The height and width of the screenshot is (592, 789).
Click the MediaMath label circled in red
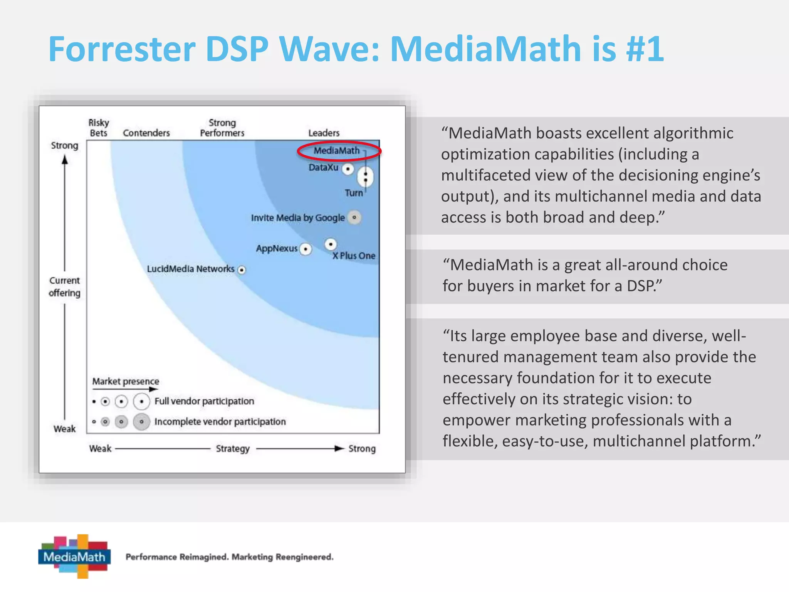pyautogui.click(x=337, y=151)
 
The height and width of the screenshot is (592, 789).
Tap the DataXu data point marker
pyautogui.click(x=348, y=169)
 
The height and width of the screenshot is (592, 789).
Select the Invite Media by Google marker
pyautogui.click(x=354, y=217)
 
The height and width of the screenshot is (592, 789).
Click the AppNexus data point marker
pyautogui.click(x=306, y=249)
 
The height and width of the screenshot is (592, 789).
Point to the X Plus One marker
pyautogui.click(x=331, y=244)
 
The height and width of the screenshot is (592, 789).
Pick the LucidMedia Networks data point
pyautogui.click(x=242, y=270)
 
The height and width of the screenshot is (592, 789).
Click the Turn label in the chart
pyautogui.click(x=354, y=193)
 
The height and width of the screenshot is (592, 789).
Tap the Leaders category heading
pyautogui.click(x=324, y=133)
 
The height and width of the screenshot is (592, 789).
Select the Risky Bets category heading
pyautogui.click(x=99, y=128)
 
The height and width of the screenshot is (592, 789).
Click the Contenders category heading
pyautogui.click(x=146, y=133)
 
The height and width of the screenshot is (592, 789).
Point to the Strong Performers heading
pyautogui.click(x=222, y=128)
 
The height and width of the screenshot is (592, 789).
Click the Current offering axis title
pyautogui.click(x=65, y=287)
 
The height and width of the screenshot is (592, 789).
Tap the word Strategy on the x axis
pyautogui.click(x=233, y=449)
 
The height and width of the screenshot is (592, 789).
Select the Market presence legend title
pyautogui.click(x=126, y=381)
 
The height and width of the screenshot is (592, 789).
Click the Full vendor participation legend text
pyautogui.click(x=204, y=401)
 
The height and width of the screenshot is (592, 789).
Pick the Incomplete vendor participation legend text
pyautogui.click(x=220, y=422)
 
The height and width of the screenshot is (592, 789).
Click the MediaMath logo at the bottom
pyautogui.click(x=74, y=556)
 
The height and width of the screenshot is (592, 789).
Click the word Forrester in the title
pyautogui.click(x=122, y=49)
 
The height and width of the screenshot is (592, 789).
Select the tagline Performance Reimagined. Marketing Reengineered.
pyautogui.click(x=230, y=557)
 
